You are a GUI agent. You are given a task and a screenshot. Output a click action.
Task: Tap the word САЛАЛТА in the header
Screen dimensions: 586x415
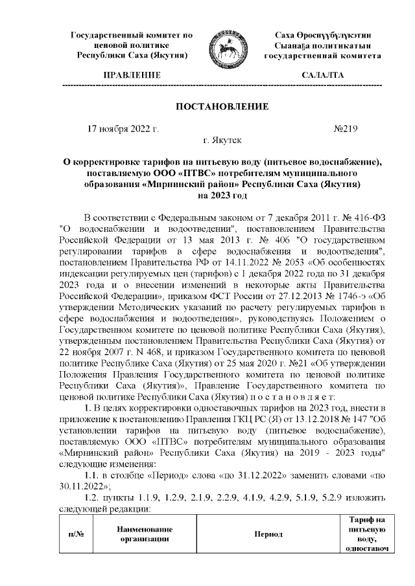coord(322,76)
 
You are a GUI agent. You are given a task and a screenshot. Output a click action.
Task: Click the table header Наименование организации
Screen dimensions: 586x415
coord(144,534)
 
